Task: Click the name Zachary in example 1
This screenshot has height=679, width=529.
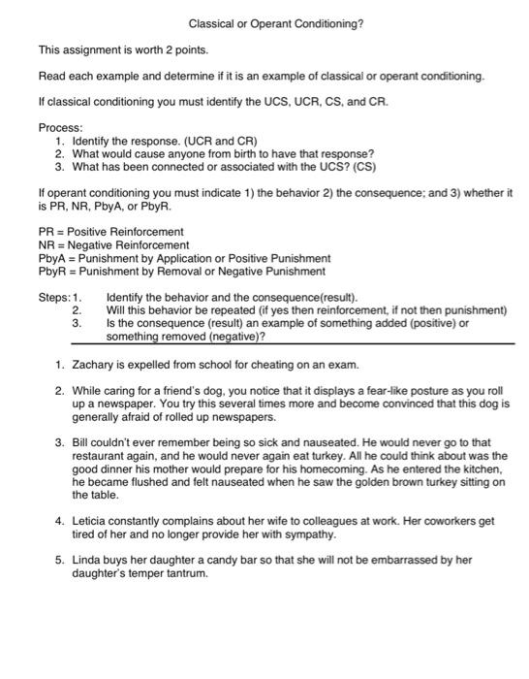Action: click(93, 365)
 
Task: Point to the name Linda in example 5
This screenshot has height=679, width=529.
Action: click(87, 560)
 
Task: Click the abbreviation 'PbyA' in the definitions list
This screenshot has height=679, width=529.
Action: click(51, 259)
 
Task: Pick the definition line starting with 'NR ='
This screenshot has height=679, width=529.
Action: click(113, 245)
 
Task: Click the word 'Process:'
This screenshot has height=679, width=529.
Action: click(60, 127)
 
